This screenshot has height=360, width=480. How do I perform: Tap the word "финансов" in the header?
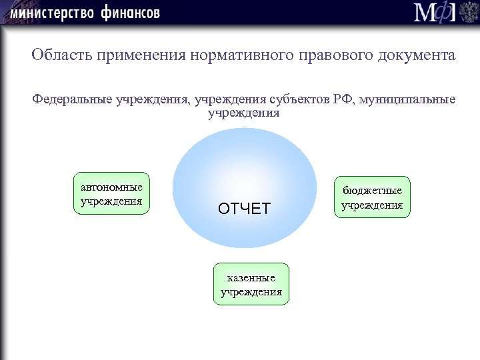coord(131,13)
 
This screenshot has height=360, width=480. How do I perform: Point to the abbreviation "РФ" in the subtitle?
coord(345,100)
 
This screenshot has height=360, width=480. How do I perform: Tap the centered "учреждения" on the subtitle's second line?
coord(243,113)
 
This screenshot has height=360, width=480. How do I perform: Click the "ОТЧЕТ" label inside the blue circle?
coord(244,209)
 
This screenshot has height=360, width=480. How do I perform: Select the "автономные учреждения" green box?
coord(111,194)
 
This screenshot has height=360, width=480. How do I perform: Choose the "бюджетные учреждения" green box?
coord(372,197)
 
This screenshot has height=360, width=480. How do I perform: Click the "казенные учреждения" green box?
coord(251,284)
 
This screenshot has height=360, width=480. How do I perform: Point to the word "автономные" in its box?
coord(111,187)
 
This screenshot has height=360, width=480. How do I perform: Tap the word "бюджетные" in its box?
coord(372,191)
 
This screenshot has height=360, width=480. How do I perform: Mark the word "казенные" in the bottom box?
coord(251,277)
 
